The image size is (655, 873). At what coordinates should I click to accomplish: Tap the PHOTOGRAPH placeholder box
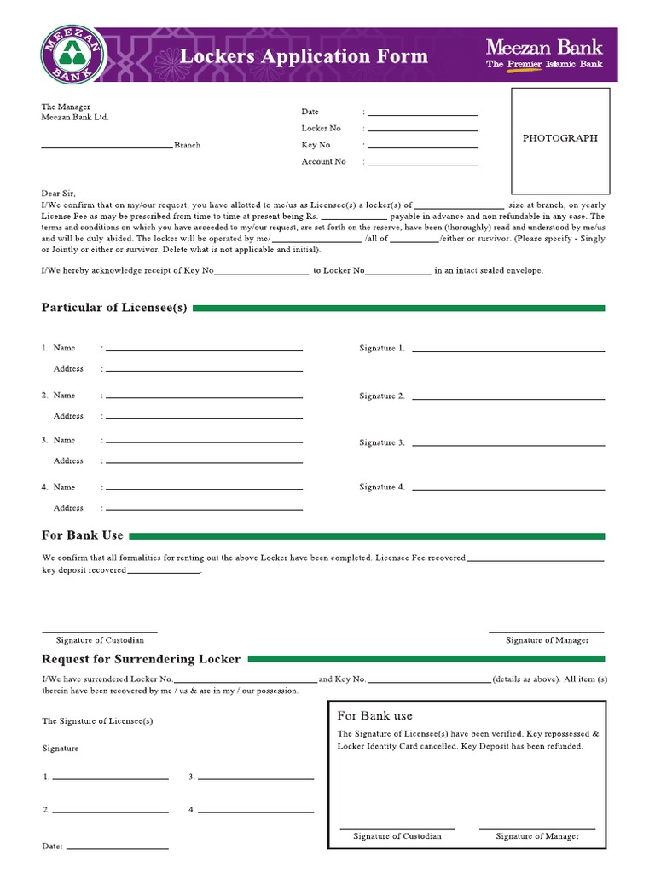click(x=560, y=141)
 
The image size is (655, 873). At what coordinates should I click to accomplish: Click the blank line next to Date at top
click(x=422, y=113)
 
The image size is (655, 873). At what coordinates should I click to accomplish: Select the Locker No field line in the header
click(x=422, y=130)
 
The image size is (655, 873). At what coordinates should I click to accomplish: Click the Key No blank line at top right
click(x=422, y=147)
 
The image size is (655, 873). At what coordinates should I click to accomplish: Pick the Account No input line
click(x=422, y=163)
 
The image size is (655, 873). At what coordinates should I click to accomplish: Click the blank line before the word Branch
click(x=107, y=147)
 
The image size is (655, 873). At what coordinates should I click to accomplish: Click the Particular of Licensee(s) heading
click(x=114, y=308)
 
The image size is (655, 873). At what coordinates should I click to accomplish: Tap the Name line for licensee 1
click(x=204, y=350)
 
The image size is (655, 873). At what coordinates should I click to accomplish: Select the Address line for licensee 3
click(x=204, y=462)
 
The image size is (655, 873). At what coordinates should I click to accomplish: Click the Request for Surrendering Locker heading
click(x=142, y=659)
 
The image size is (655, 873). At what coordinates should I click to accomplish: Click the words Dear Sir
click(x=59, y=194)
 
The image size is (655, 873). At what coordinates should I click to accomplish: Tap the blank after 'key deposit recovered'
click(x=164, y=572)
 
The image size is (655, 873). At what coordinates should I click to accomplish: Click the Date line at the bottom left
click(x=117, y=848)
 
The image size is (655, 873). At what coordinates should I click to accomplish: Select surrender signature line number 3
click(x=257, y=778)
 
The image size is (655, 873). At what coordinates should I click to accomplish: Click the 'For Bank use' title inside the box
click(x=374, y=716)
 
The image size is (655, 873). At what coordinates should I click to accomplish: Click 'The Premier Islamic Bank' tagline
click(x=544, y=65)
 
